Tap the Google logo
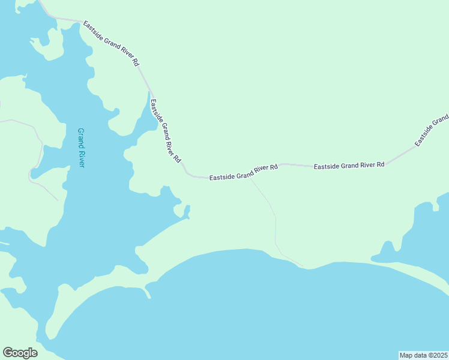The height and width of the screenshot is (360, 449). (x=20, y=353)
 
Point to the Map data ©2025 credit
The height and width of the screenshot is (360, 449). (x=423, y=355)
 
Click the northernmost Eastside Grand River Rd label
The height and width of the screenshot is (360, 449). (x=111, y=44)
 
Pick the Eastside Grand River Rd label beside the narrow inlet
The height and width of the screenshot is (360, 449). (x=165, y=131)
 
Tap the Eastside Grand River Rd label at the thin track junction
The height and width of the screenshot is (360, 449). (x=243, y=173)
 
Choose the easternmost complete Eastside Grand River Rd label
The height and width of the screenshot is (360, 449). (x=349, y=164)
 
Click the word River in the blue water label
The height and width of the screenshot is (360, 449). (x=82, y=157)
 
